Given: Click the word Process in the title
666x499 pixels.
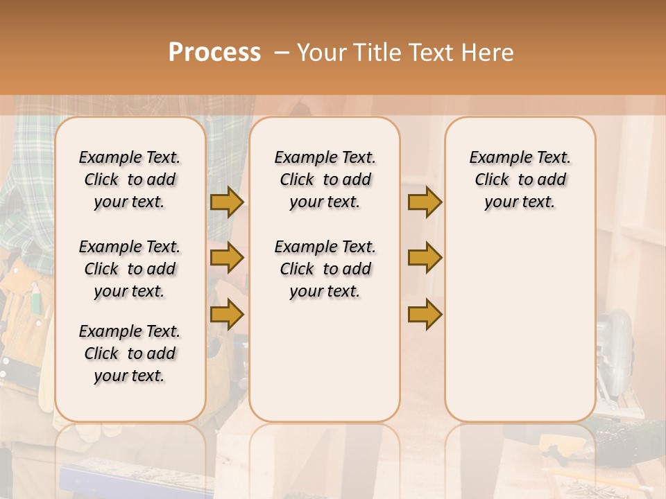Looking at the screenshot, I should tap(214, 53).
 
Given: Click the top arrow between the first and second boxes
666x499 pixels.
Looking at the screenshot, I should tap(227, 202).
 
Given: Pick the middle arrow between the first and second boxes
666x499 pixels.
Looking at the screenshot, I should tap(227, 258).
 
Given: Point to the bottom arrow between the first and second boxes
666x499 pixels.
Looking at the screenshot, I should tap(227, 315).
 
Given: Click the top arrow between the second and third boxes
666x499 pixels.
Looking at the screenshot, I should tap(425, 202).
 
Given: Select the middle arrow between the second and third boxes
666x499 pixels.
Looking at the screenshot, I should tap(425, 258).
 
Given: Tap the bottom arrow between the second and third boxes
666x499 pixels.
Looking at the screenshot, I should tap(425, 315).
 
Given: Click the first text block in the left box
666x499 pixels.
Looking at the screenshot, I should tap(130, 180).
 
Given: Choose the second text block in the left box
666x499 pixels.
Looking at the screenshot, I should tap(130, 269).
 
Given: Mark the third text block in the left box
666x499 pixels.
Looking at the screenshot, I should tap(130, 353).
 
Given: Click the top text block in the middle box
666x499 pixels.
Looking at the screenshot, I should tap(325, 180).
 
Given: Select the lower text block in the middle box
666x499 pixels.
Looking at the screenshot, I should tap(325, 269).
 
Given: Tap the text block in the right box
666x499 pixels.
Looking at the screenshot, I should tap(520, 180).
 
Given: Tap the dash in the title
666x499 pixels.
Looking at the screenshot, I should tap(282, 53).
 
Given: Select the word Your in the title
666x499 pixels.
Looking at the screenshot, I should tap(323, 53).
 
